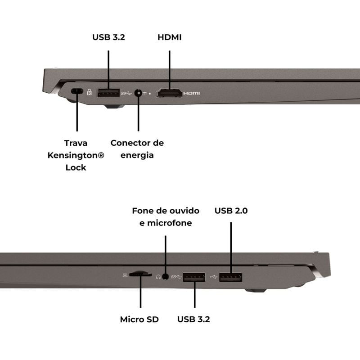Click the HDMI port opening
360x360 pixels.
(x=169, y=93)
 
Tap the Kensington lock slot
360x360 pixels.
(x=77, y=91)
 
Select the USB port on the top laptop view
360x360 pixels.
(x=108, y=93)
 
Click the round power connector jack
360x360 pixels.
(x=138, y=93)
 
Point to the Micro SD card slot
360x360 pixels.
(x=140, y=274)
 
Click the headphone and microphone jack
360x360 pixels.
(x=165, y=277)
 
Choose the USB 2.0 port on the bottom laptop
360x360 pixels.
(x=230, y=277)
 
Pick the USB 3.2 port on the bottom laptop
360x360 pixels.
(x=194, y=277)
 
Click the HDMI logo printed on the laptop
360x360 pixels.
(x=192, y=93)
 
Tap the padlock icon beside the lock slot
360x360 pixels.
(x=89, y=92)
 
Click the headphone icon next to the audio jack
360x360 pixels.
(x=158, y=277)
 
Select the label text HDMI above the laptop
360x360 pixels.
(x=170, y=37)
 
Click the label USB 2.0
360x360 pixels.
(x=231, y=211)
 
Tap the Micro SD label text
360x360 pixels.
(x=139, y=319)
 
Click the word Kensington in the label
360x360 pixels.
(x=76, y=155)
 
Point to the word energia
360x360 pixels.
(x=137, y=155)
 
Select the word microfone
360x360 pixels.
(x=170, y=223)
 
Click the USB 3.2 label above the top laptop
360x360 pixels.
(x=108, y=37)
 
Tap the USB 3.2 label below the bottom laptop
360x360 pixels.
(x=193, y=319)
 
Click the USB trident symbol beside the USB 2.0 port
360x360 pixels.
(x=213, y=277)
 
